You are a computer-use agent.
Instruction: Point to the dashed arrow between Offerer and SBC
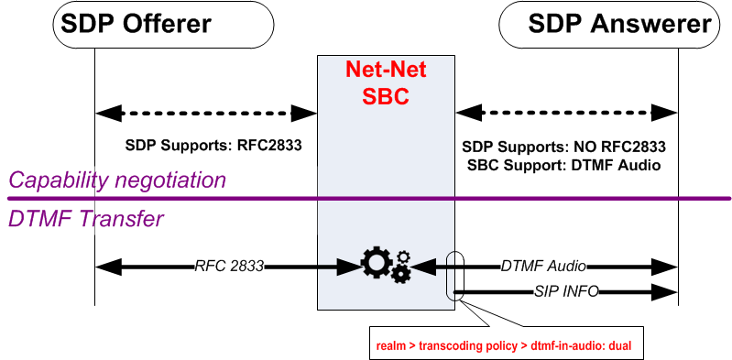coord(206,114)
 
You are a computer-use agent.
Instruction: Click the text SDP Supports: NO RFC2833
coord(563,146)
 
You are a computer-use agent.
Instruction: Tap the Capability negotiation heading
coord(117,180)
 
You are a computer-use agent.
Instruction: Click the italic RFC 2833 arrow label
coord(229,267)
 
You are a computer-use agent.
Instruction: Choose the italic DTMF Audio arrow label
coord(543,266)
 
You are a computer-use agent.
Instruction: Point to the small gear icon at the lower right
coord(400,272)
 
